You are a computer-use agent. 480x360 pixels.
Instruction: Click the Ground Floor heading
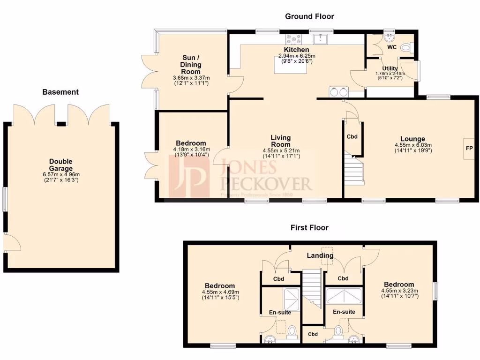[x=309, y=16]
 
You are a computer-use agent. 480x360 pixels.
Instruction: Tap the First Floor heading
[x=309, y=228]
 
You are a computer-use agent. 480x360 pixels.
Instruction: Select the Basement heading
[x=60, y=92]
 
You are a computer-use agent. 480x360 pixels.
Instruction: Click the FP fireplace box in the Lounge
[x=469, y=149]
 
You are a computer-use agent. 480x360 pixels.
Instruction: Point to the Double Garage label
[x=61, y=165]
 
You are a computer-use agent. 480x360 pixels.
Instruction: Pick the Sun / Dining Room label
[x=191, y=65]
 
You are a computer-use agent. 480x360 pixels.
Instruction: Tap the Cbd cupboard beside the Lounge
[x=352, y=137]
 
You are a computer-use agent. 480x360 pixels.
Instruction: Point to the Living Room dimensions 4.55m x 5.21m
[x=281, y=150]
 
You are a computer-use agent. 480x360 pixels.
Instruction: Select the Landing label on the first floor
[x=320, y=255]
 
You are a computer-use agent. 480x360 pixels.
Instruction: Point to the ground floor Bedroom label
[x=191, y=143]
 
